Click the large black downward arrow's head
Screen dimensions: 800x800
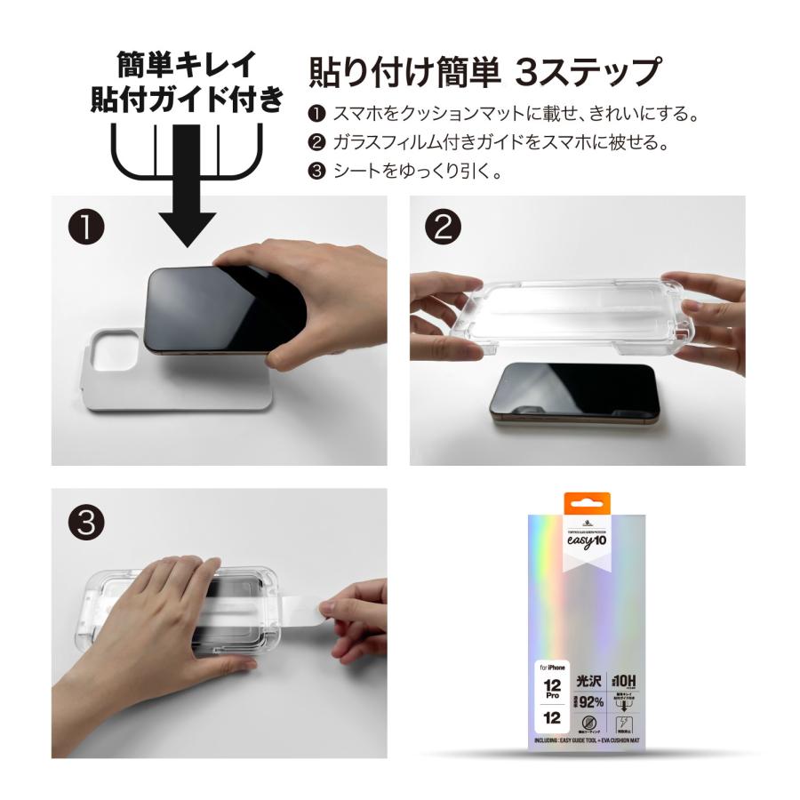pos(187,226)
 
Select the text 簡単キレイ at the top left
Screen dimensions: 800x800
pos(187,64)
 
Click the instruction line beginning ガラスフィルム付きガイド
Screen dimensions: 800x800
pos(499,142)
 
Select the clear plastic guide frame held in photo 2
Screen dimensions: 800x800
pos(578,307)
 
